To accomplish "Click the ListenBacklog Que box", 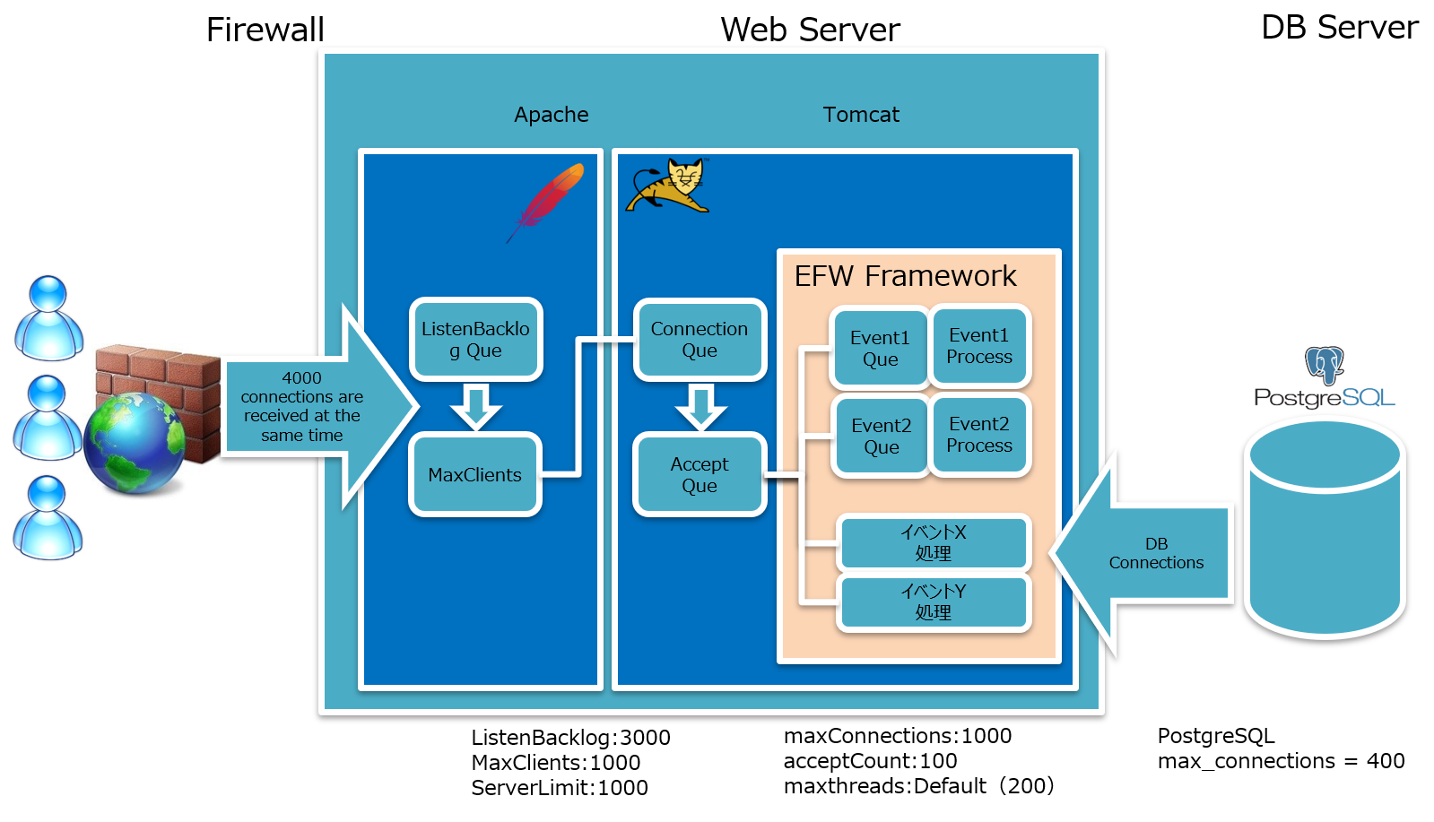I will click(x=475, y=340).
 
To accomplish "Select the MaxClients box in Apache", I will click(x=474, y=475).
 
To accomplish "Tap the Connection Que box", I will click(x=700, y=340).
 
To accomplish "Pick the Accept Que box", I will click(x=700, y=475).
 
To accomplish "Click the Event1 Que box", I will click(x=880, y=348).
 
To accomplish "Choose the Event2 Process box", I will click(x=979, y=435).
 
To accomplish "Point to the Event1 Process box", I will click(x=979, y=346).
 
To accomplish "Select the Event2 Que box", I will click(x=881, y=436).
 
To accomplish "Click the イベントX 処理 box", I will click(x=934, y=542).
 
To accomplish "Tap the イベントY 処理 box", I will click(x=934, y=601).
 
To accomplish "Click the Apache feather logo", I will click(x=547, y=201).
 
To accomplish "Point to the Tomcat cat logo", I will click(x=669, y=186).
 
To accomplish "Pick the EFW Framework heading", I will click(x=905, y=276).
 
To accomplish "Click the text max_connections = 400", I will click(x=1281, y=761).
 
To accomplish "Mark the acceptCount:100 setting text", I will click(x=870, y=761).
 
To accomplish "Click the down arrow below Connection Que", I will click(x=700, y=406).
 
